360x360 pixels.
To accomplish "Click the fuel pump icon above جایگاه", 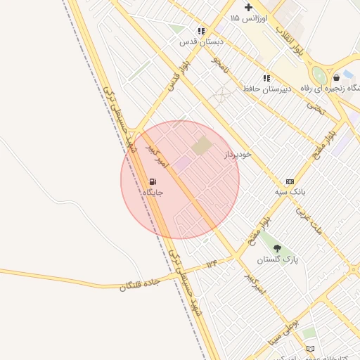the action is [153, 181].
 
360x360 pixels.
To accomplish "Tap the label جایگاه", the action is [153, 192].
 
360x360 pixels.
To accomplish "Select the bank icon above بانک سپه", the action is [290, 181].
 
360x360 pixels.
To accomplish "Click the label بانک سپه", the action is [290, 191].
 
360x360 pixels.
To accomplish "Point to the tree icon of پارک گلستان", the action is [277, 248].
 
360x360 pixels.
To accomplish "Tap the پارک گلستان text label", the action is [277, 259].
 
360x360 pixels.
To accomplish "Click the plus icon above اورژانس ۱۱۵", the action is [248, 7].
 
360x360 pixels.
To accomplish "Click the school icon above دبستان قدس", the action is [202, 31].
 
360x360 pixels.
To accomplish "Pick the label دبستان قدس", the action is [201, 41].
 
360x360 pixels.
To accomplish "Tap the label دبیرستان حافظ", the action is [267, 89].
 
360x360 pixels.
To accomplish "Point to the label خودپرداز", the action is [238, 154].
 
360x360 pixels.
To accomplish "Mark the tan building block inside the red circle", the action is [202, 146].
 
